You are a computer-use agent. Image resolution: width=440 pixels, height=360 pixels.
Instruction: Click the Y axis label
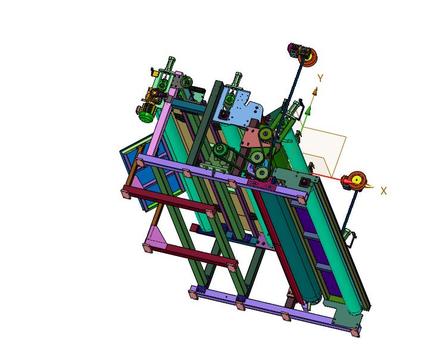pos(320,78)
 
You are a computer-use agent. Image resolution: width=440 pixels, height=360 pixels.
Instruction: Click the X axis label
pos(384,191)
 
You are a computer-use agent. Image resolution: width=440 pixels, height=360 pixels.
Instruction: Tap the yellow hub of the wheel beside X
pos(356,180)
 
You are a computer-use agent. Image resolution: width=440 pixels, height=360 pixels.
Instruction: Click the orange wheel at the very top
pos(311,57)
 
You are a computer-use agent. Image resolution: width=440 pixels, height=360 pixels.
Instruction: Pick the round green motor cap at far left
pos(144,117)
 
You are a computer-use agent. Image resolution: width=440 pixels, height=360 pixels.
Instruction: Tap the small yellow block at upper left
pos(154,72)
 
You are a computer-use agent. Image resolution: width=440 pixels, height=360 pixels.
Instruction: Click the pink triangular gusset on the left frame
pos(156,236)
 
